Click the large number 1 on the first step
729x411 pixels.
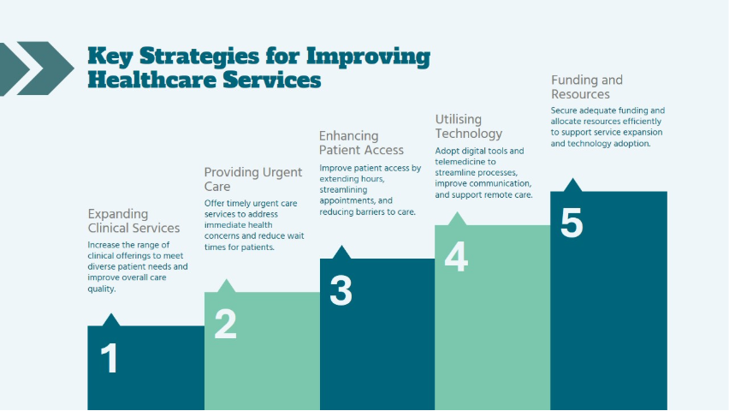pyautogui.click(x=110, y=358)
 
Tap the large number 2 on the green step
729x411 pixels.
pyautogui.click(x=226, y=324)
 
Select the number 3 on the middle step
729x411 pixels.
pyautogui.click(x=341, y=291)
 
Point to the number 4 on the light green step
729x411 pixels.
pyautogui.click(x=456, y=257)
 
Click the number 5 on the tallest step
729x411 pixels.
pyautogui.click(x=572, y=223)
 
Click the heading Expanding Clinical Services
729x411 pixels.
pyautogui.click(x=133, y=221)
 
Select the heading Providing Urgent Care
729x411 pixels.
pyautogui.click(x=253, y=179)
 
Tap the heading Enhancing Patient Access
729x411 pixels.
pyautogui.click(x=361, y=143)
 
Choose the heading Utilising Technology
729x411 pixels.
pyautogui.click(x=469, y=127)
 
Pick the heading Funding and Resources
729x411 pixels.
pyautogui.click(x=587, y=87)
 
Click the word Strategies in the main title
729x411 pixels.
pyautogui.click(x=199, y=57)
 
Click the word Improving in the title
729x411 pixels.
pyautogui.click(x=368, y=57)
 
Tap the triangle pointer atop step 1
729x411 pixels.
pyautogui.click(x=110, y=319)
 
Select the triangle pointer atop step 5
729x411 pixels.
pyautogui.click(x=572, y=185)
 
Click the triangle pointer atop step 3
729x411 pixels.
pyautogui.click(x=341, y=253)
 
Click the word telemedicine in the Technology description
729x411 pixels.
pyautogui.click(x=459, y=162)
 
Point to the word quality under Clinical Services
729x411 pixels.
pyautogui.click(x=101, y=289)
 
